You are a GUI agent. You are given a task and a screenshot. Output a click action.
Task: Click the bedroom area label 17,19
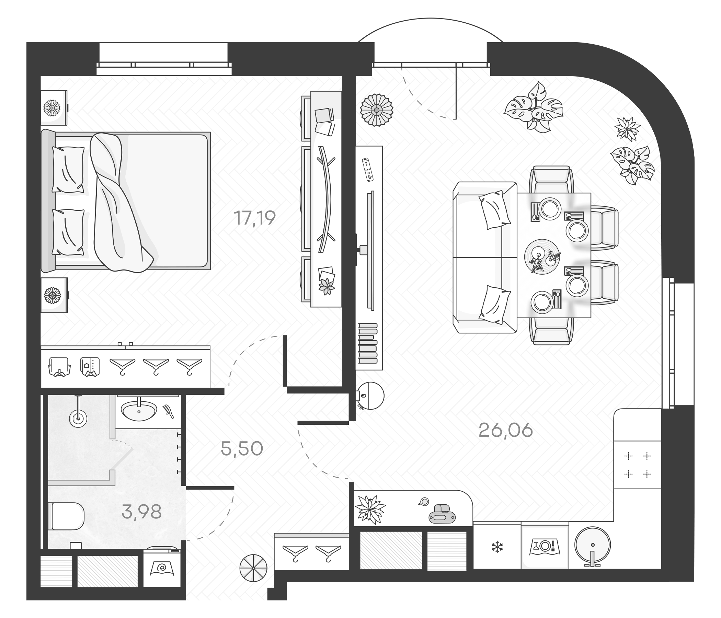coord(255,218)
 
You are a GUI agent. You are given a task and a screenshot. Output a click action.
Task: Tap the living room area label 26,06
coord(506,431)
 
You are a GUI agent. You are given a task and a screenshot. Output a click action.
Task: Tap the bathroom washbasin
coord(139,411)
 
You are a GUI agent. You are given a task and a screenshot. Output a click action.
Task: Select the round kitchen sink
coord(593,545)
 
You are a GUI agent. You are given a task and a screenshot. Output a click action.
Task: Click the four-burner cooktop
coord(638,465)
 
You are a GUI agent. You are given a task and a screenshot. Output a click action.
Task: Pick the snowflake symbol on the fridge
coord(497,547)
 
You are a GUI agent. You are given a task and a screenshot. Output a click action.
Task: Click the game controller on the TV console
coord(367,170)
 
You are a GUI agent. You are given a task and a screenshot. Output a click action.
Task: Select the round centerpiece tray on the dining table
coord(542,257)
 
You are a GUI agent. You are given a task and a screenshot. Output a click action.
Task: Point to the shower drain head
coord(78,418)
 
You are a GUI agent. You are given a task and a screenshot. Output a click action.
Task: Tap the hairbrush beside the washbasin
coord(169,411)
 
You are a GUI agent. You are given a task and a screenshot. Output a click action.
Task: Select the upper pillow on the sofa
coord(494,209)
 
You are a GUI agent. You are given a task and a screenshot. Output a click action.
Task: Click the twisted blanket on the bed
coord(117,202)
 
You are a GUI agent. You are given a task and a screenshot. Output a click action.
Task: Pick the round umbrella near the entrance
coord(253,568)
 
